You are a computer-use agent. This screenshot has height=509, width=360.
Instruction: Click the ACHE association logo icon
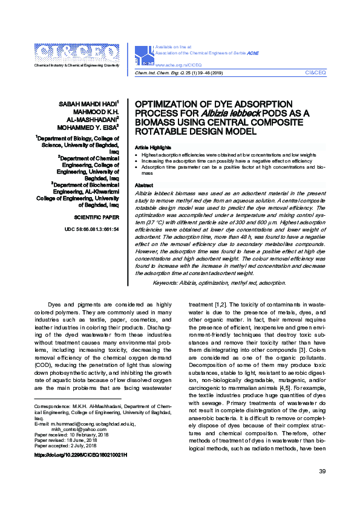click(146, 56)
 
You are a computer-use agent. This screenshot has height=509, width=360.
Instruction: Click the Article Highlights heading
click(152, 148)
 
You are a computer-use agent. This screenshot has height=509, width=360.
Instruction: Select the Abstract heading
click(144, 185)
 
